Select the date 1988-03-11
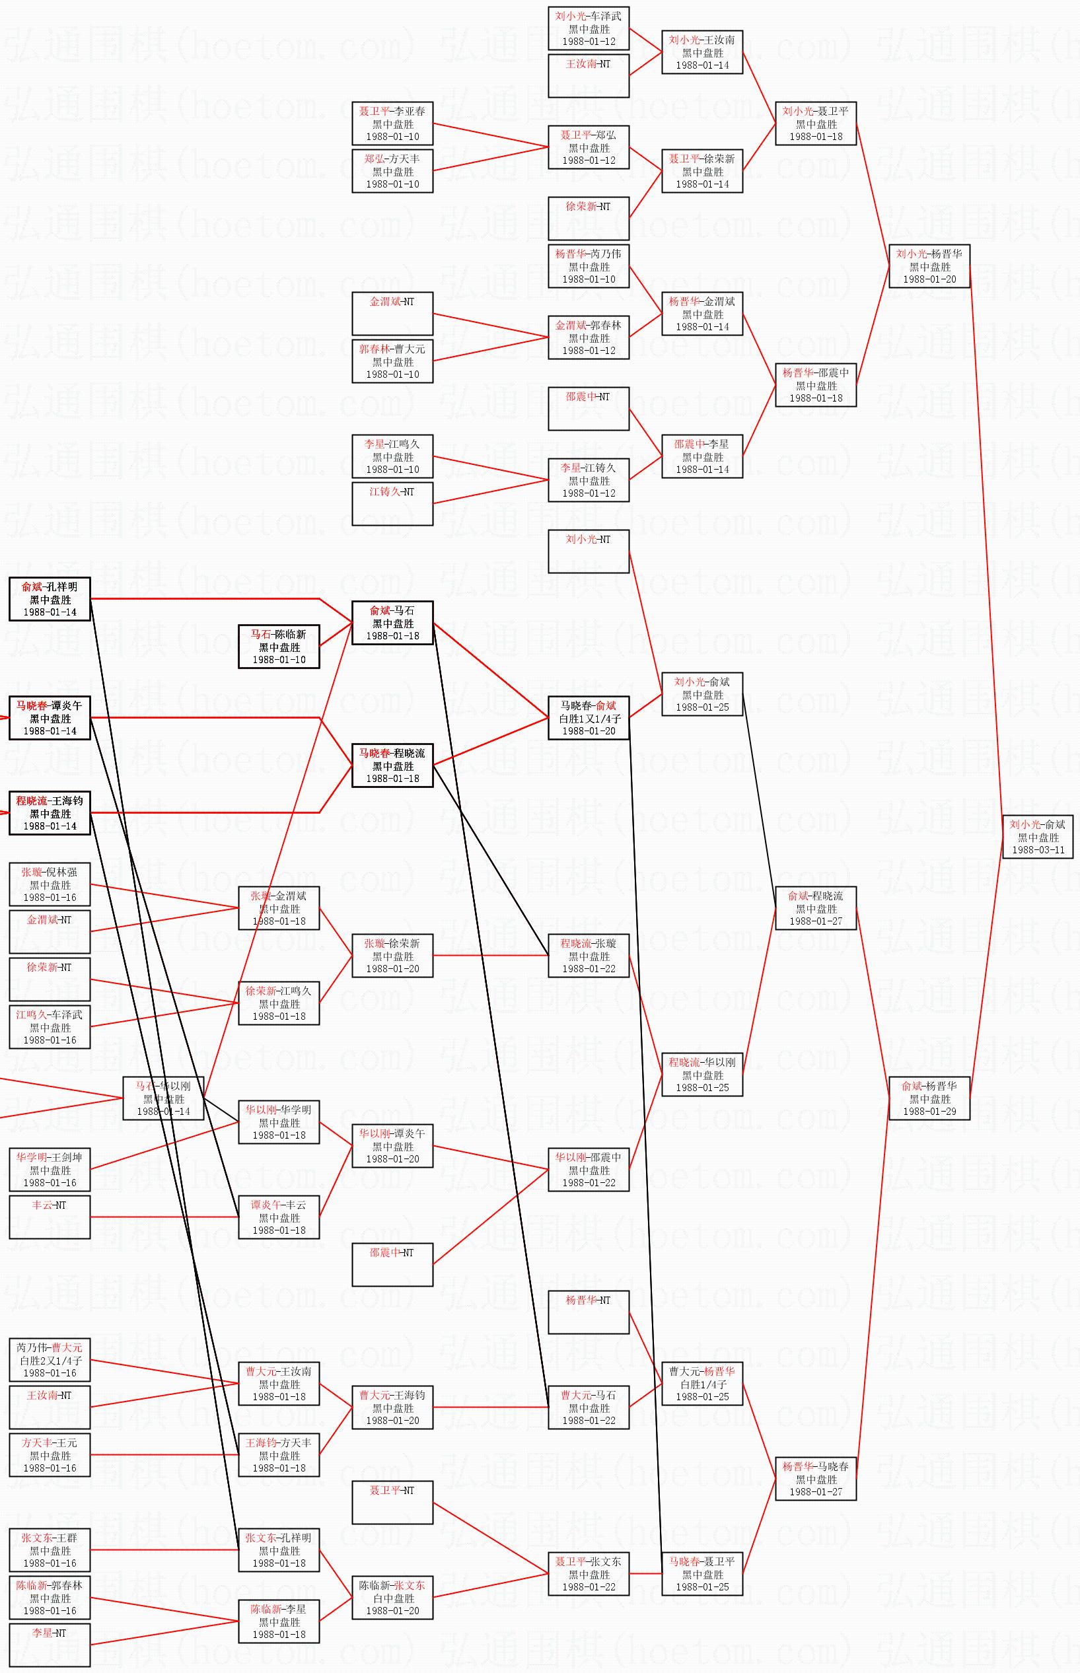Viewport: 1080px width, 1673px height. click(x=1038, y=849)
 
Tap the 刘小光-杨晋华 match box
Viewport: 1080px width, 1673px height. click(x=929, y=266)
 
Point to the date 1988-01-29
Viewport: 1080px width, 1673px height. click(x=929, y=1112)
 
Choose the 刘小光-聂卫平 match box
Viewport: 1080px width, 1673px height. click(x=816, y=124)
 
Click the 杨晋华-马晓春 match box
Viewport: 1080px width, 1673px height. click(x=816, y=1479)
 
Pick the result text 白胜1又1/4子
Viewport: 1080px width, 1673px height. click(x=589, y=718)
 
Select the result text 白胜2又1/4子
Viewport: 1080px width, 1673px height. click(x=50, y=1361)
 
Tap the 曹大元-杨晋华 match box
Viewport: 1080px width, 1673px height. click(x=702, y=1384)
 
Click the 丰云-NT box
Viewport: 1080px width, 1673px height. click(x=50, y=1217)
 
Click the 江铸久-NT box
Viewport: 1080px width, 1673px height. click(x=392, y=503)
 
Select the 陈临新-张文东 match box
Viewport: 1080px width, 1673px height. click(x=392, y=1598)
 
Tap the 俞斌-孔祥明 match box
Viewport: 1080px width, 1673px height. click(x=50, y=599)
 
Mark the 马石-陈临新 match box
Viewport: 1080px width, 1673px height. click(x=279, y=647)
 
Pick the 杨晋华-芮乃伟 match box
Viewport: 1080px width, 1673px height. click(x=589, y=266)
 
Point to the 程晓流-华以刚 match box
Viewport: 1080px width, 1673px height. click(x=702, y=1075)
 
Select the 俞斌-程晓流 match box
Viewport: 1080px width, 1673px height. click(x=816, y=908)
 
